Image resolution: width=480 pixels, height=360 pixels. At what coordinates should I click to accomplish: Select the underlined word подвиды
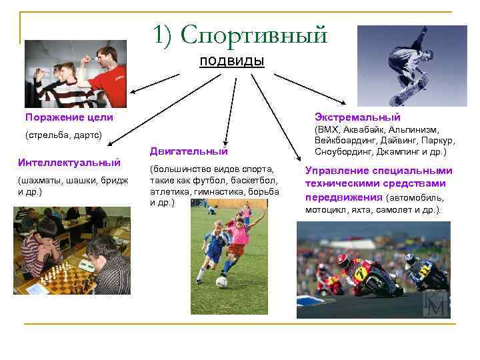click(232, 61)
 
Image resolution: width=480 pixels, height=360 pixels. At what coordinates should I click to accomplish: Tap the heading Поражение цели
click(69, 117)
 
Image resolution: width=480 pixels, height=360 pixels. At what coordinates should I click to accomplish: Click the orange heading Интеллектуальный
click(69, 162)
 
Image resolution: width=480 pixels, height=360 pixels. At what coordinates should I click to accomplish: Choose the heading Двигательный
click(189, 151)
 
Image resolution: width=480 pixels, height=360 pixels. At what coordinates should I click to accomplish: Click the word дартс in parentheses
click(87, 135)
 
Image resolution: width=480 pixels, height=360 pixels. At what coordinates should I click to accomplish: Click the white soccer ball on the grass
click(221, 281)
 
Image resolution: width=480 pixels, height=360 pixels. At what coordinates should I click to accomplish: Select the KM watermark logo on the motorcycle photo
click(436, 303)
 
